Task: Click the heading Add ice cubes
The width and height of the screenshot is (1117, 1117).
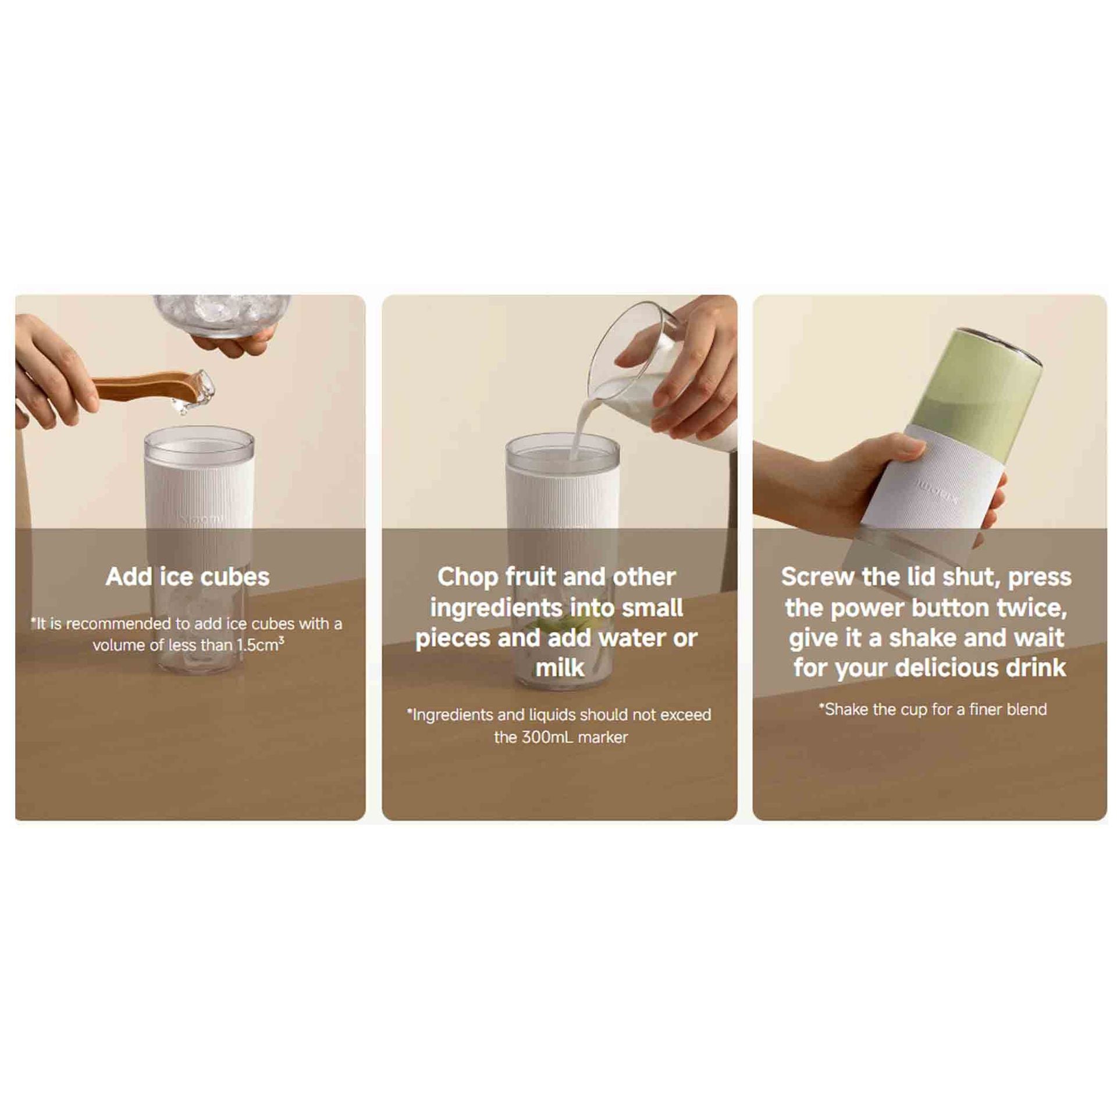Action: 187,577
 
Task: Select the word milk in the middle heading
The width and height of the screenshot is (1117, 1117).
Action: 560,668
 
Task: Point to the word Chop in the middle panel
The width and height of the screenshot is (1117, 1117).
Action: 468,577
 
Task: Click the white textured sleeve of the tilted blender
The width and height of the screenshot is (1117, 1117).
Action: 937,483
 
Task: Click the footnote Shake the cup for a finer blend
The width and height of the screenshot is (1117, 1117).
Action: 933,709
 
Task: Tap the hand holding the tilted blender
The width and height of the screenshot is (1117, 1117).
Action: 844,483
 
